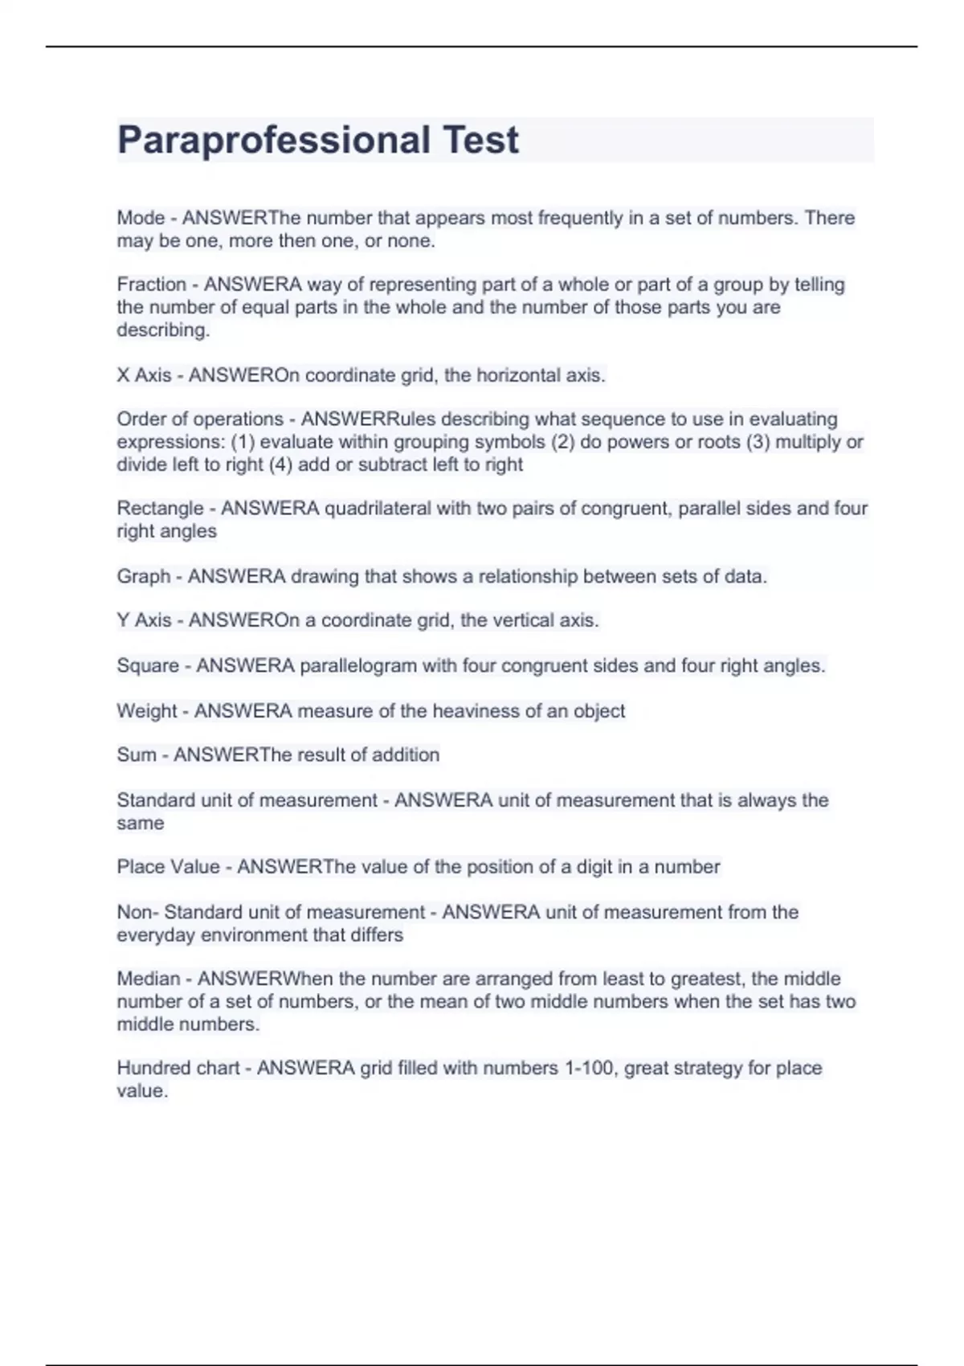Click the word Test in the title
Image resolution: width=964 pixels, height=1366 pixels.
481,141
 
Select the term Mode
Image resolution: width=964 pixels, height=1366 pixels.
141,218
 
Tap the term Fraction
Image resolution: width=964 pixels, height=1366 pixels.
151,284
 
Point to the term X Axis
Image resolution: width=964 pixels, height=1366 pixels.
144,375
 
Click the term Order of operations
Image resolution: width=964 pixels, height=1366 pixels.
200,419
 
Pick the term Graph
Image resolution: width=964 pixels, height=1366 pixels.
143,576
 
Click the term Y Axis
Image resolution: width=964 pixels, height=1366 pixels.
144,620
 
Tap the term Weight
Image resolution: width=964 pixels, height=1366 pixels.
146,711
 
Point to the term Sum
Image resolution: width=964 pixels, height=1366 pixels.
137,755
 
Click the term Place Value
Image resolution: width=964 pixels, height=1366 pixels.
168,867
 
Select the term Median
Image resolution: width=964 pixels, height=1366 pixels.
149,979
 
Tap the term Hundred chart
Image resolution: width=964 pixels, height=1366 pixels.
178,1068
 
